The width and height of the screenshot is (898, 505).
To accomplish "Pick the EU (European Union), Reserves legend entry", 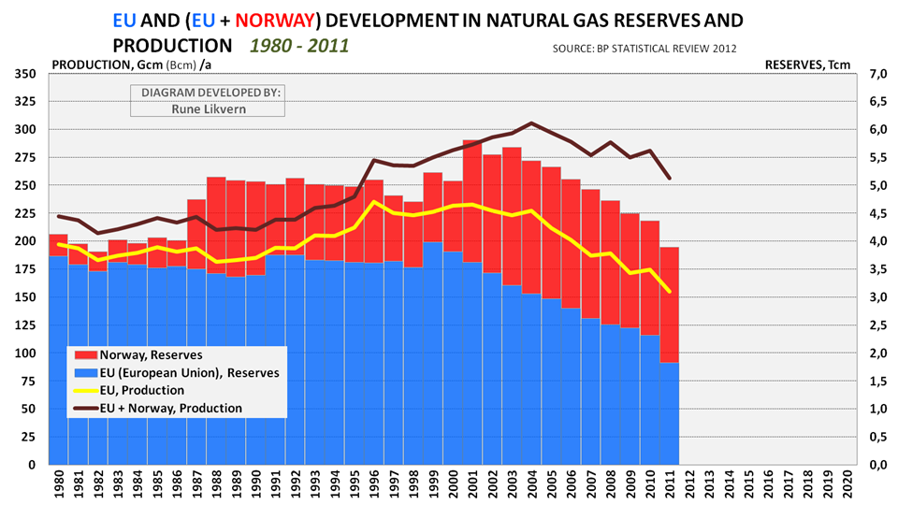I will [x=176, y=372].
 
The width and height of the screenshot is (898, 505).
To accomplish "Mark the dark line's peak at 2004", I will [x=532, y=123].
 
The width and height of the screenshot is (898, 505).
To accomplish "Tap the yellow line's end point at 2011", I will [x=669, y=291].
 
